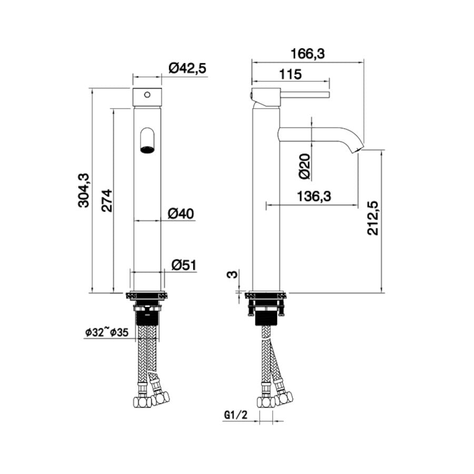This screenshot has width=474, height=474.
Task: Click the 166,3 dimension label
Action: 308,54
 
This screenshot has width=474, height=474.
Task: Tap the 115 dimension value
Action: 290,74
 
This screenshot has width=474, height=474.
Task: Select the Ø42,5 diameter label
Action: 187,68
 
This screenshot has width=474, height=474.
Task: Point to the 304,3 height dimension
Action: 84,190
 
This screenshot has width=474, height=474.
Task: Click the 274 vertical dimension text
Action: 107,201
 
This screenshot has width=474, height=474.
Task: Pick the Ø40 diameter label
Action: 181,214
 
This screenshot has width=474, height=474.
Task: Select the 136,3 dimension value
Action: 314,196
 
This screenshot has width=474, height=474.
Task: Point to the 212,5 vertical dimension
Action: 373,218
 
